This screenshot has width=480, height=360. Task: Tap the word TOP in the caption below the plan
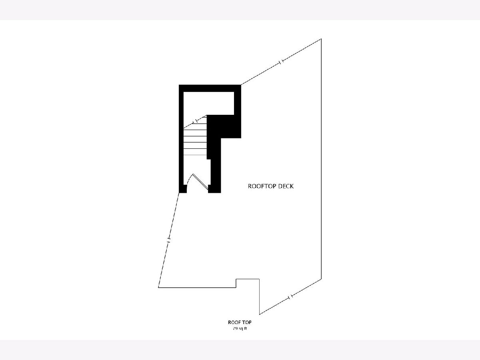(x=247, y=322)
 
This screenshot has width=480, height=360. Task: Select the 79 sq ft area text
(x=240, y=328)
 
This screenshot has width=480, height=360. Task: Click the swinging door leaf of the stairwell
(x=200, y=182)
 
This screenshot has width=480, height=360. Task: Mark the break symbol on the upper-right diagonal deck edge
(x=282, y=62)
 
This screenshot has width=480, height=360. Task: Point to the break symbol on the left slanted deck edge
(x=168, y=240)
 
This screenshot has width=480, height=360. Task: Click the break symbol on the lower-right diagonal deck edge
(x=290, y=297)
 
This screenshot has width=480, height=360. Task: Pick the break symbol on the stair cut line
(x=195, y=121)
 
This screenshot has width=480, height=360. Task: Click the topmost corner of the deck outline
(x=321, y=39)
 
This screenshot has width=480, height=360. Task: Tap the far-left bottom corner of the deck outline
(x=158, y=288)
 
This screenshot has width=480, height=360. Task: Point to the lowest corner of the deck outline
(x=260, y=314)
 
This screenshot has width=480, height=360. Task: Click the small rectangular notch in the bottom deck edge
(x=248, y=283)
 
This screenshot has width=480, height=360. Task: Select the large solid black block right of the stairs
(x=224, y=126)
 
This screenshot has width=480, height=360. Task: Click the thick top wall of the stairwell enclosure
(x=210, y=88)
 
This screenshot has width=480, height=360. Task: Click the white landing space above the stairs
(x=208, y=103)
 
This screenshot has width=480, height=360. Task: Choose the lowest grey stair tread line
(x=195, y=155)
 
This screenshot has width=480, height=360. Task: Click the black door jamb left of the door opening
(x=183, y=189)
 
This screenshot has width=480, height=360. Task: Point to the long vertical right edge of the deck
(x=321, y=159)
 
